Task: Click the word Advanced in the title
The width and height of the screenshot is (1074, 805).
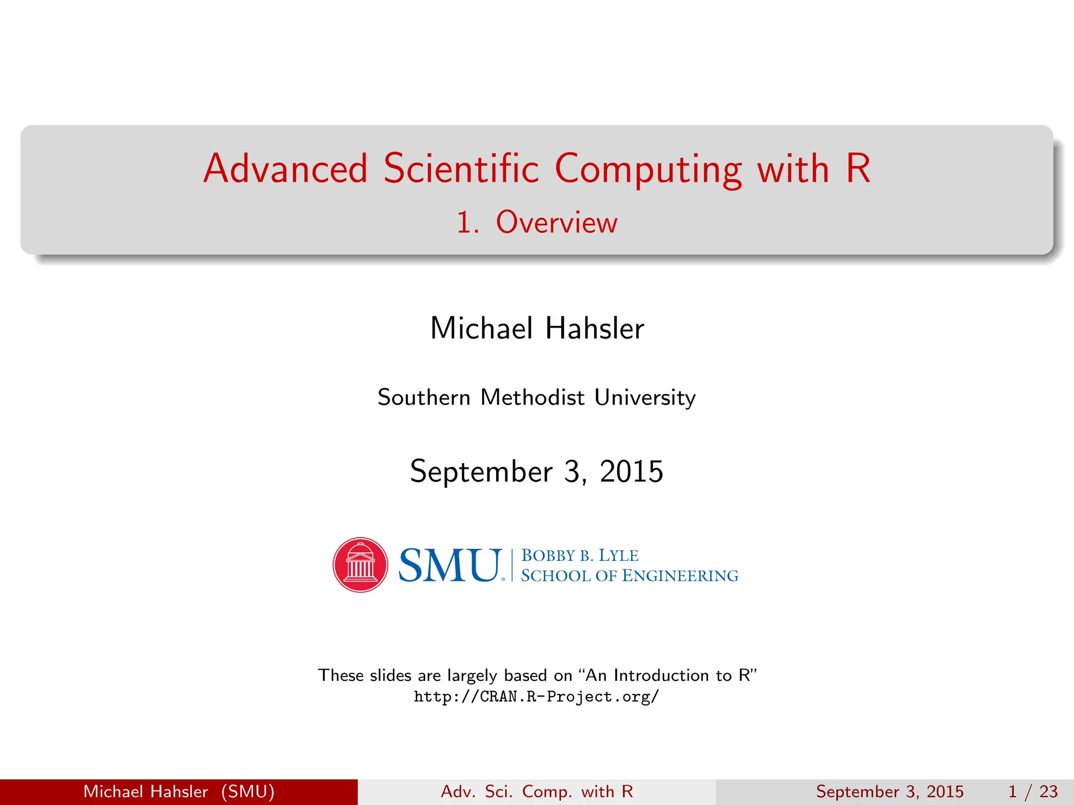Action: tap(286, 169)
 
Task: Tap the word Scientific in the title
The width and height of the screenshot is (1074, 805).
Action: tap(461, 169)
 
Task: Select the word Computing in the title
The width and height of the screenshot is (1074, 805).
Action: tap(648, 170)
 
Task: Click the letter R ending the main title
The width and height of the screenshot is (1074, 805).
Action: tap(858, 169)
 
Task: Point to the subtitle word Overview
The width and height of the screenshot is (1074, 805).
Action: tap(556, 222)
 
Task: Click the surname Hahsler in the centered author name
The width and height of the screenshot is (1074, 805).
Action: tap(595, 329)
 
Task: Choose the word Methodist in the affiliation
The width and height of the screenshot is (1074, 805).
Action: tap(532, 397)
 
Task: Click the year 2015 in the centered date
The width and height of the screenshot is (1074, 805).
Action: tap(631, 471)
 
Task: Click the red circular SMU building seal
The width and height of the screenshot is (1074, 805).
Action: tap(360, 565)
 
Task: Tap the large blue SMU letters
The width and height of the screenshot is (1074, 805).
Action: tap(450, 565)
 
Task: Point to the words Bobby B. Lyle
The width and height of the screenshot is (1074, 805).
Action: tap(579, 556)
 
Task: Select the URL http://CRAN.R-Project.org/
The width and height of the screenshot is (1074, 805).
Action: tap(536, 697)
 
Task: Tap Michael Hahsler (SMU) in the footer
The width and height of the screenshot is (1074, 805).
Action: tap(179, 791)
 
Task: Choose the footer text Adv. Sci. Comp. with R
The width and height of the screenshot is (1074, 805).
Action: tap(537, 791)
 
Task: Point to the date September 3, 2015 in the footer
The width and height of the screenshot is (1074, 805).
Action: tap(889, 791)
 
